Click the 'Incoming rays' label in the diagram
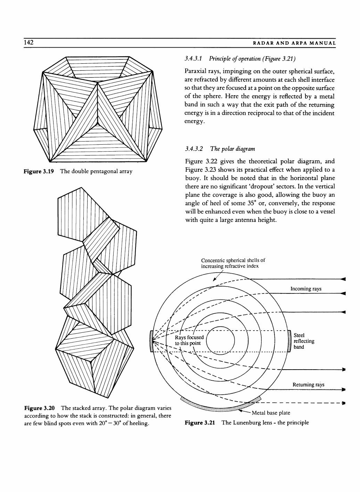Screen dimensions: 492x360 [x=306, y=289]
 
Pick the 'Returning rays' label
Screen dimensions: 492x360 [x=308, y=385]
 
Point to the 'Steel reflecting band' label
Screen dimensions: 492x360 [x=304, y=341]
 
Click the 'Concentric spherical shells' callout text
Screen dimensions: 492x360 [x=233, y=263]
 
